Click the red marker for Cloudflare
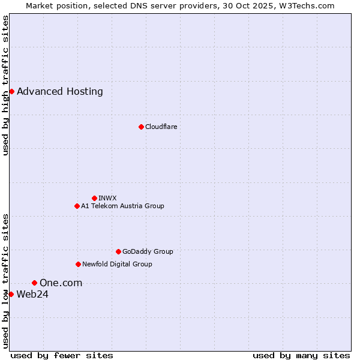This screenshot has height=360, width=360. coord(141,127)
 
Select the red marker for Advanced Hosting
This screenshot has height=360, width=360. coord(11,91)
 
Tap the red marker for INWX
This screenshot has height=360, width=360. coord(94,198)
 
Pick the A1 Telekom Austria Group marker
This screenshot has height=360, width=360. coord(77,206)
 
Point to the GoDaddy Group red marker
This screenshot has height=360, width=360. coord(118,251)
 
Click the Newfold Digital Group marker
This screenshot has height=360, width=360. coord(78,264)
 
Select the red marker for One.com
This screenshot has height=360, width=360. coord(34,283)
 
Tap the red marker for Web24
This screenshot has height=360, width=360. coord(11,294)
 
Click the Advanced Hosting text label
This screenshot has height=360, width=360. coord(60,92)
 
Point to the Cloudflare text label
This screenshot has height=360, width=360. coord(161,127)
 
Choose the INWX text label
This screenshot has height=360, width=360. coord(107,198)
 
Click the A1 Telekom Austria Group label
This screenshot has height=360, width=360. coord(122,206)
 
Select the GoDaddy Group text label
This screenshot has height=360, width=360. coord(148,251)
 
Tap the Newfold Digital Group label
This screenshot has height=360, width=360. coord(117,264)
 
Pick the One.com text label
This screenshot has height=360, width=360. coord(61,283)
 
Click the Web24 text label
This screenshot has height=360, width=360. coord(32,294)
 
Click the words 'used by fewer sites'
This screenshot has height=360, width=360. coord(62,356)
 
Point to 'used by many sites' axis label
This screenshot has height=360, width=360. coord(301,356)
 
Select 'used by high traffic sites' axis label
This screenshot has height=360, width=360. coord(6,85)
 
